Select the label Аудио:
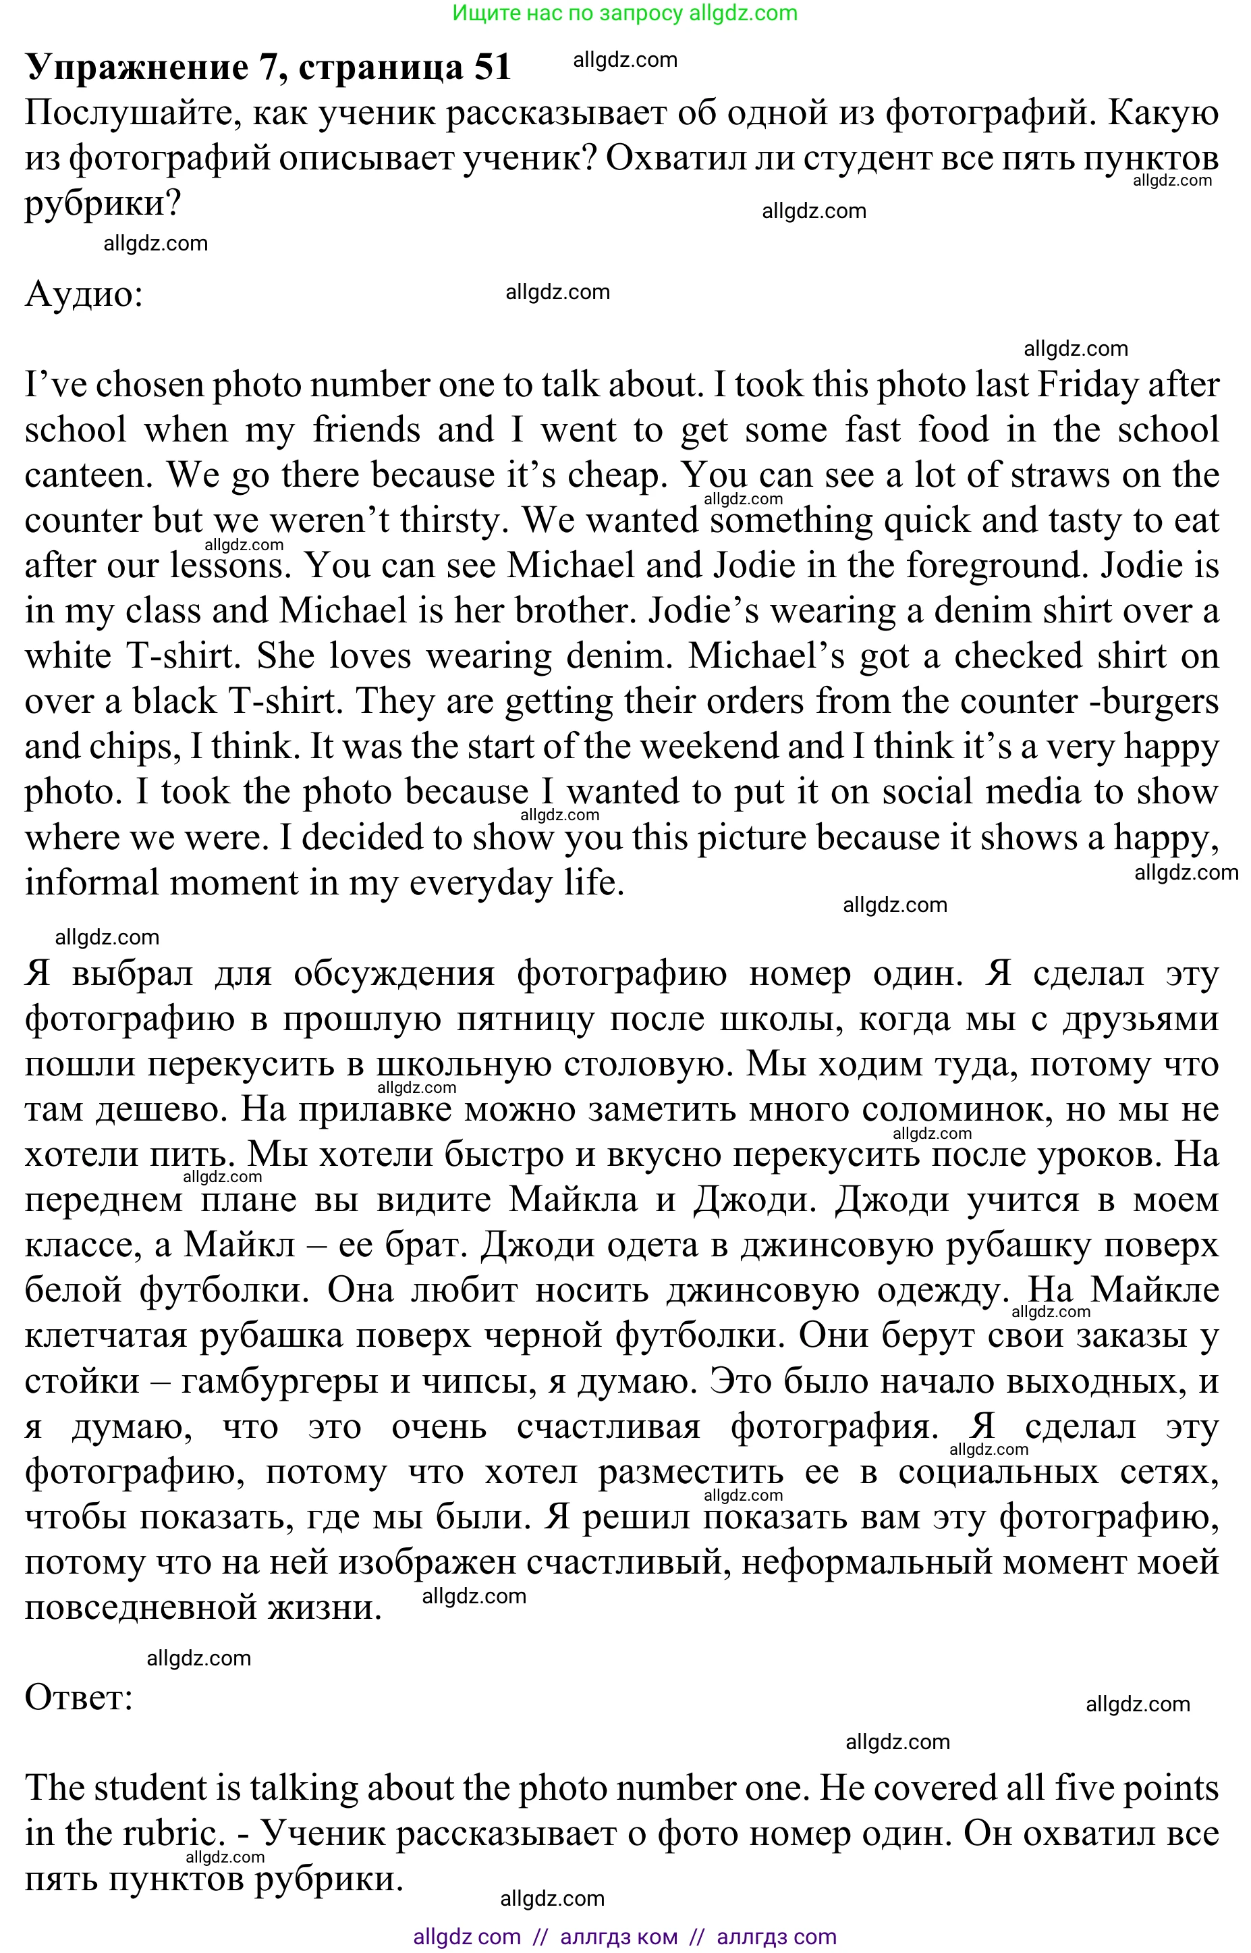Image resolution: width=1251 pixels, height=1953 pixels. click(x=84, y=294)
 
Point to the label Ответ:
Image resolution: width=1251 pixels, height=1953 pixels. click(x=79, y=1697)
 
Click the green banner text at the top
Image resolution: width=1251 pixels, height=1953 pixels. click(x=625, y=13)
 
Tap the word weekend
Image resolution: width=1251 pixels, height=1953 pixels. click(x=709, y=746)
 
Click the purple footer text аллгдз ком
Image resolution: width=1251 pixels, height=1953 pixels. click(x=618, y=1937)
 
